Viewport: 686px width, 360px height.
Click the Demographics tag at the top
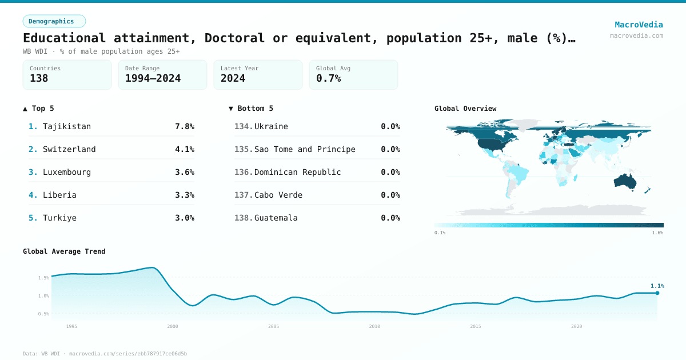(54, 21)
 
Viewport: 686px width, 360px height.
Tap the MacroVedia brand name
(639, 25)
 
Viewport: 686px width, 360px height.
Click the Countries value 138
(39, 78)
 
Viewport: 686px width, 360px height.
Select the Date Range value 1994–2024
(153, 78)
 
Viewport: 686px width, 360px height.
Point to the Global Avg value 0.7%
(328, 78)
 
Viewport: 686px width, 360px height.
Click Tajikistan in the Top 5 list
(67, 126)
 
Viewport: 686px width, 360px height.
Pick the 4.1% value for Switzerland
(184, 149)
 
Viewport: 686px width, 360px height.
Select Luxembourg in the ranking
(67, 172)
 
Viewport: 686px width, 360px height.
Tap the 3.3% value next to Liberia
(184, 195)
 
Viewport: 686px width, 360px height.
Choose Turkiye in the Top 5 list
(59, 218)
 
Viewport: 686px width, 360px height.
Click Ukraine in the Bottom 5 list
(271, 126)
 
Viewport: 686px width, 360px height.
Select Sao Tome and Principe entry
(305, 149)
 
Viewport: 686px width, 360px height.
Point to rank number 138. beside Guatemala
(243, 218)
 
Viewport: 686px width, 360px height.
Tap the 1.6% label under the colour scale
(657, 233)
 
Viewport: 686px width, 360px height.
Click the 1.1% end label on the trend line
(657, 286)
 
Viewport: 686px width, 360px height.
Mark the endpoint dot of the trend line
(657, 293)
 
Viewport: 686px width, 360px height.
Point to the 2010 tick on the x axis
(374, 326)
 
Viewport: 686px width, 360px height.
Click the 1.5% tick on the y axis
(43, 278)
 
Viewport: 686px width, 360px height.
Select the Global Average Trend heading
(64, 251)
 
